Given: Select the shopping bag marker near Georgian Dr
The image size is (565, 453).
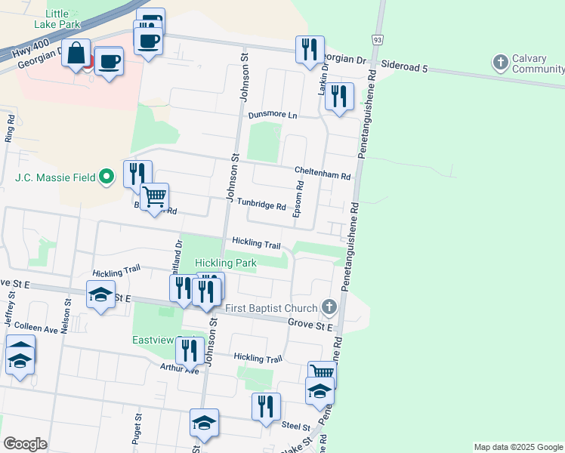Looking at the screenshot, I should pos(76,54).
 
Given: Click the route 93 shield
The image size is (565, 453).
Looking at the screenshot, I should pos(376,39).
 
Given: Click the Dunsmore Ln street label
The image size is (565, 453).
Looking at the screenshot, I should pos(273,116).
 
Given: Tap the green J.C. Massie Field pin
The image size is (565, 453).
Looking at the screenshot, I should pos(107,177).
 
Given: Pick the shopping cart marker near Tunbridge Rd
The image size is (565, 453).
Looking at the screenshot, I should pos(155,198).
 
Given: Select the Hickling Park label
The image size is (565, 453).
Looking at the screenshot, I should pos(226,263).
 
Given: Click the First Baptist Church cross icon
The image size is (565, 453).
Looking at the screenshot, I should pos(329,306).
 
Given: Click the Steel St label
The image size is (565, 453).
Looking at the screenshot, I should pos(291,426).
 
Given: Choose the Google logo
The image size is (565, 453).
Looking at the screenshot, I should pos(25,443).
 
